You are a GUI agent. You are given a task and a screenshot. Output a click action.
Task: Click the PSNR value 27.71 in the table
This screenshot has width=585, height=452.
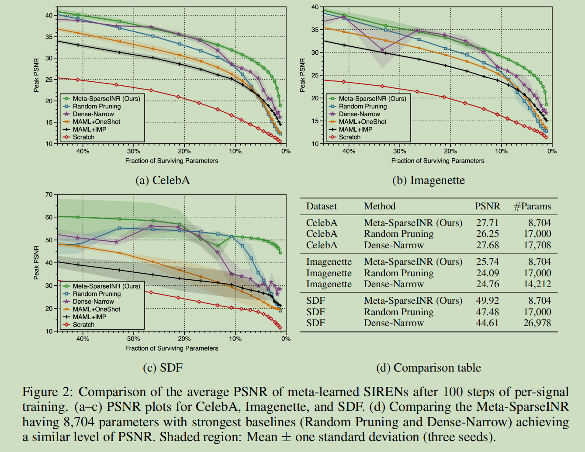pos(487,223)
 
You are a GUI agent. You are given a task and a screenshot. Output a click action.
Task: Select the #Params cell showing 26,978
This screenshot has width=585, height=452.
pos(537,323)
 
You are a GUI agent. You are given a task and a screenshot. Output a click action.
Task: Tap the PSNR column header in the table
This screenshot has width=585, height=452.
pos(487,206)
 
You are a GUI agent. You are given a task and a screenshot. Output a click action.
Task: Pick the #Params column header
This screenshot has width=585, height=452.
pos(532,206)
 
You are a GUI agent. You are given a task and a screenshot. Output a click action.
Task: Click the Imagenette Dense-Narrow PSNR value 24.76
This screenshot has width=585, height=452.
pos(487,284)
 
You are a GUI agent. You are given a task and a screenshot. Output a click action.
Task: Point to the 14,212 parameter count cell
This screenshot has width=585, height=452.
pos(537,284)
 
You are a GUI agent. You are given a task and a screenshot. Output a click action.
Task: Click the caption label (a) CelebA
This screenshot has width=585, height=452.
pos(163,180)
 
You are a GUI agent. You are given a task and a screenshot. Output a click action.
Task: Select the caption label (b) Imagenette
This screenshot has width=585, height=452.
pos(428,180)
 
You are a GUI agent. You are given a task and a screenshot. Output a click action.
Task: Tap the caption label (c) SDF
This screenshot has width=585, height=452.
pos(163,368)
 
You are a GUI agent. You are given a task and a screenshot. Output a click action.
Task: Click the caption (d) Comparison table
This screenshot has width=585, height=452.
pos(428,368)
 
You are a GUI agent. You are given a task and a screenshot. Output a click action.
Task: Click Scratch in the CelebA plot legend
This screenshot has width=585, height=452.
pos(83,137)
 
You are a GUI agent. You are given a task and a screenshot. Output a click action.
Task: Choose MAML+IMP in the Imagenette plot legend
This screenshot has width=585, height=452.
pos(355,129)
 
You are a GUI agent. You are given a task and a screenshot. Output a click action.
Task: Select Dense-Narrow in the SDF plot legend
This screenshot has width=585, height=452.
pos(93,302)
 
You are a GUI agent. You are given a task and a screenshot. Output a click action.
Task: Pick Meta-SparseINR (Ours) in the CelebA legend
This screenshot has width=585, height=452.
pos(106,99)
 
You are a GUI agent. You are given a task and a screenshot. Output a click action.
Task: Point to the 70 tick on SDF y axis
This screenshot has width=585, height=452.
pos(49,195)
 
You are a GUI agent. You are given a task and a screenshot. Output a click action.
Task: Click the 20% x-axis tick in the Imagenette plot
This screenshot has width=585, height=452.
pos(450,151)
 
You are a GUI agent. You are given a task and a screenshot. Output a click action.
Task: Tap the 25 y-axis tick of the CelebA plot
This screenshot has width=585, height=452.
pos(49,80)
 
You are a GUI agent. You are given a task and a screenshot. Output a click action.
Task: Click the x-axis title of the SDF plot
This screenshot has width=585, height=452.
pos(171,348)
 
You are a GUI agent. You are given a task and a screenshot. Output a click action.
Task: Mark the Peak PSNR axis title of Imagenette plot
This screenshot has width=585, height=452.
pos(302,75)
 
